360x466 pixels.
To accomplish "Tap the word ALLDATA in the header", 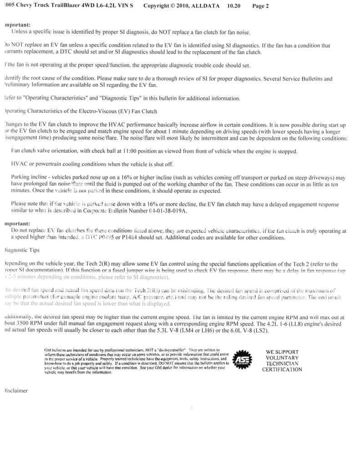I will (205, 6).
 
